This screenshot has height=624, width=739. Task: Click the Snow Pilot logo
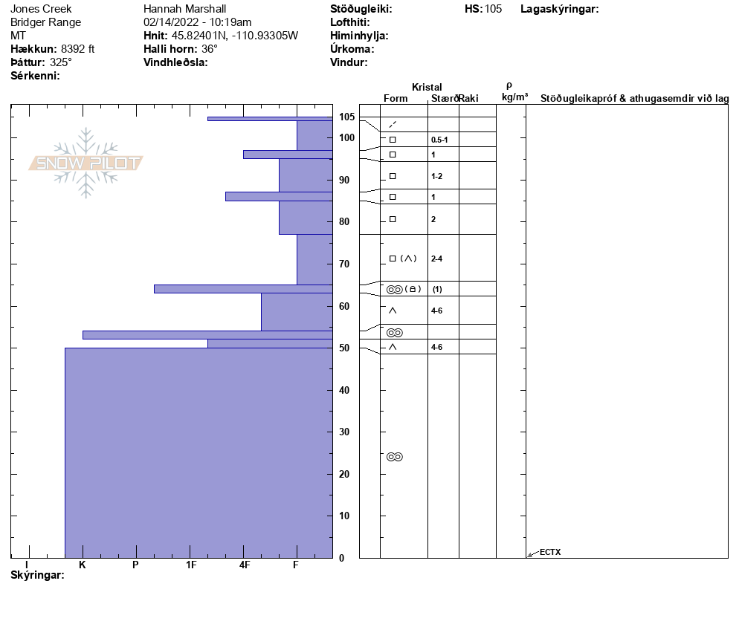[x=85, y=163]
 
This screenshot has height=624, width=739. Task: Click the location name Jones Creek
[x=42, y=9]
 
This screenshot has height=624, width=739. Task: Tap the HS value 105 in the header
[x=493, y=9]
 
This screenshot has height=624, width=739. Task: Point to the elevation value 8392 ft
[x=78, y=49]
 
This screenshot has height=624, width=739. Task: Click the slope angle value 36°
[x=210, y=49]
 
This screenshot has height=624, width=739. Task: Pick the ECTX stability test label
[x=550, y=552]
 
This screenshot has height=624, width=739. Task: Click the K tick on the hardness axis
[x=83, y=565]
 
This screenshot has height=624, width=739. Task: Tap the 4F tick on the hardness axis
[x=245, y=565]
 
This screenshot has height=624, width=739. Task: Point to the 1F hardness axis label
[x=191, y=565]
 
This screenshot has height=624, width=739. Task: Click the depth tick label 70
[x=344, y=264]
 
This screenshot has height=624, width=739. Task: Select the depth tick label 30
[x=344, y=432]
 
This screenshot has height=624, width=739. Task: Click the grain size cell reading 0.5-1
[x=439, y=140]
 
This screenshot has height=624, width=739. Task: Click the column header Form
[x=396, y=99]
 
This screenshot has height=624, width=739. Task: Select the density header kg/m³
[x=514, y=97]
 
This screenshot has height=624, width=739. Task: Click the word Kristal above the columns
[x=427, y=88]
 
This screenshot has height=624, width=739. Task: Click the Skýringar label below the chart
[x=37, y=576]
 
